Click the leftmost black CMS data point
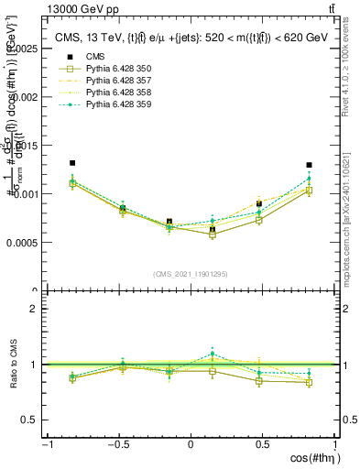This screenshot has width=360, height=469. [72, 163]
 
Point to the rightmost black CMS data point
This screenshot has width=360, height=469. [309, 165]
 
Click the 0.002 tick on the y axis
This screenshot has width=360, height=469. [25, 96]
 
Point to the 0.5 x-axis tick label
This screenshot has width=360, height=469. [264, 445]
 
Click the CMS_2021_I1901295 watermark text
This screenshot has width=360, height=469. [191, 274]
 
